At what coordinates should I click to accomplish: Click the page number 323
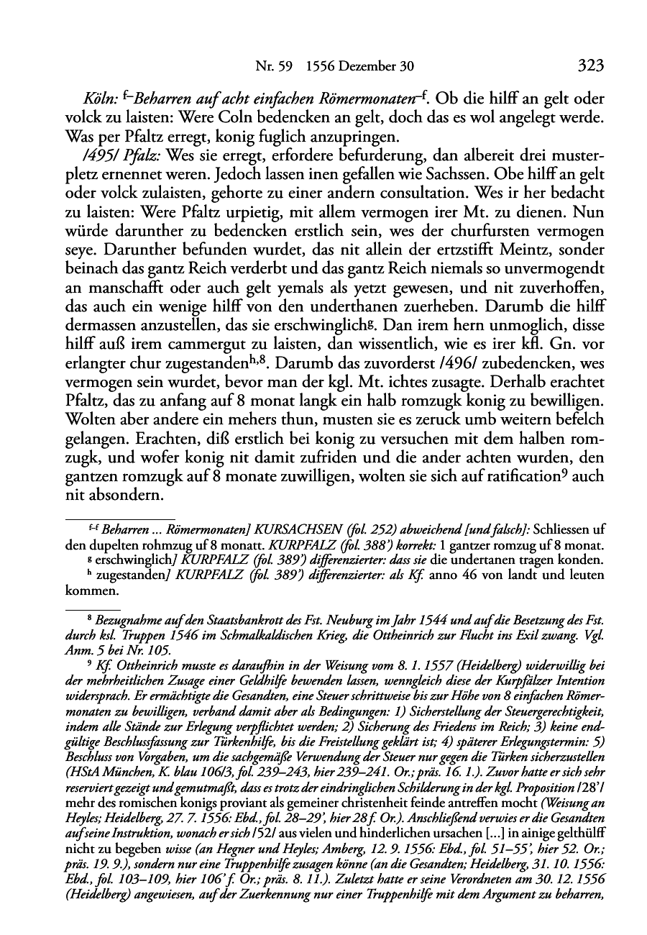[x=590, y=66]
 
